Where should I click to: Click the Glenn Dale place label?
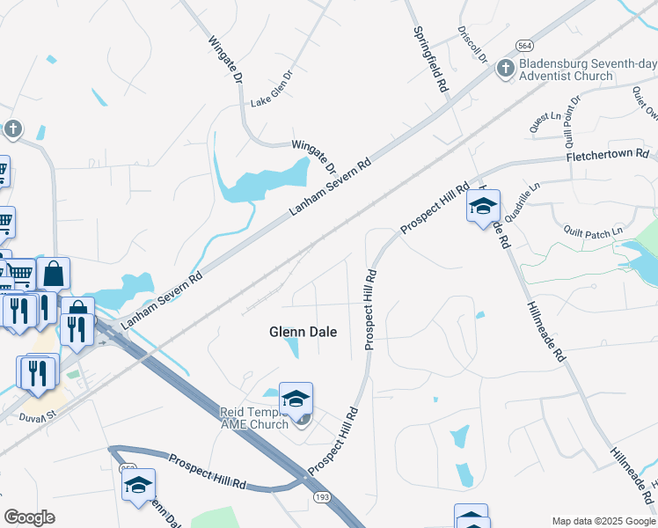click(x=303, y=332)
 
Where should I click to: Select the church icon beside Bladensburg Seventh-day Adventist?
click(x=506, y=69)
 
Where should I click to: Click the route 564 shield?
click(x=525, y=46)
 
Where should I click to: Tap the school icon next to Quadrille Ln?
click(x=482, y=207)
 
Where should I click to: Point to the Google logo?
click(x=29, y=517)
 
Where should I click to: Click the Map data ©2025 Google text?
click(x=603, y=520)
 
